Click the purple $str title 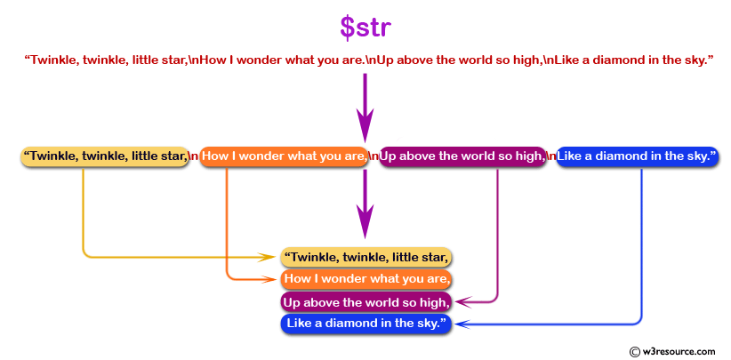(x=365, y=28)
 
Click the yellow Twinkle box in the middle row (x=104, y=156)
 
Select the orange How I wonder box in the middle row (x=284, y=156)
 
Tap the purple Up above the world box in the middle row (x=462, y=156)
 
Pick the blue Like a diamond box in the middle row (x=637, y=156)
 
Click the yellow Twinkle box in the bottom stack (x=366, y=257)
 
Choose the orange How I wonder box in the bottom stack (x=366, y=279)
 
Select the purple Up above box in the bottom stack (x=366, y=301)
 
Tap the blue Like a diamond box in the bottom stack (x=366, y=324)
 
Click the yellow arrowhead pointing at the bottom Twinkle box (x=269, y=257)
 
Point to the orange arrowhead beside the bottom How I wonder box (x=269, y=279)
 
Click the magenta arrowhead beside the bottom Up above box (x=463, y=302)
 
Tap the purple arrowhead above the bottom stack (x=365, y=221)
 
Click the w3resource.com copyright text (x=671, y=351)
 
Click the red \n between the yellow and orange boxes (x=194, y=156)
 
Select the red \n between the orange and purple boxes (x=374, y=156)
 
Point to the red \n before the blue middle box (x=551, y=156)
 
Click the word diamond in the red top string (x=615, y=60)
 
